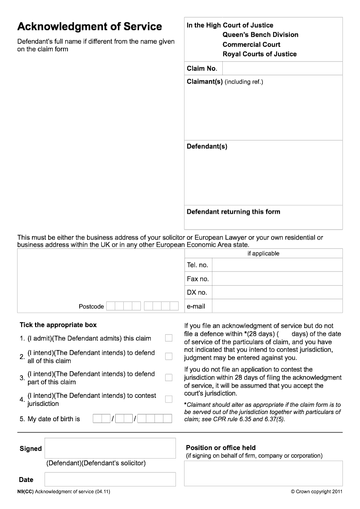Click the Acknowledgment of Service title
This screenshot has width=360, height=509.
click(x=90, y=27)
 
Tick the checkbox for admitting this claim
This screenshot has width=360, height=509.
click(x=169, y=338)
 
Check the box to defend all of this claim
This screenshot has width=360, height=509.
click(x=169, y=356)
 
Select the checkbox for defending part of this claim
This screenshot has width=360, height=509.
click(x=169, y=378)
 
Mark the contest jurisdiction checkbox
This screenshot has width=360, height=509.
click(x=169, y=399)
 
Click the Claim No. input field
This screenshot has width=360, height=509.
click(x=282, y=68)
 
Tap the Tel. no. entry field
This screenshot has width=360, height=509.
click(x=277, y=265)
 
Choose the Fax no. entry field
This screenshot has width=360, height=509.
click(x=277, y=279)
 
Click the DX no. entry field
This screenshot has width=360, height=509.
click(x=277, y=293)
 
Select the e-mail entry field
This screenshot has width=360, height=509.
click(x=277, y=306)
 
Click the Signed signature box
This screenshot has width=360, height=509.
click(x=110, y=448)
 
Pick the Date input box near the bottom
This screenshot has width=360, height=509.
click(x=110, y=479)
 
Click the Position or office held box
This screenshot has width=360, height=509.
click(x=263, y=473)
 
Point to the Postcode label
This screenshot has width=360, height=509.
click(x=91, y=306)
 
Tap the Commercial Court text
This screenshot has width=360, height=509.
click(x=251, y=45)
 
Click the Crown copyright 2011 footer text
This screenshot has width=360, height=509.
click(x=317, y=491)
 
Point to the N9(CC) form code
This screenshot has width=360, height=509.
click(x=25, y=491)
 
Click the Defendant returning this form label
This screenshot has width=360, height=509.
click(x=233, y=212)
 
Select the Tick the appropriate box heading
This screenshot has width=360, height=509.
click(x=58, y=325)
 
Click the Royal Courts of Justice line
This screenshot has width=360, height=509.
click(x=260, y=54)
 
